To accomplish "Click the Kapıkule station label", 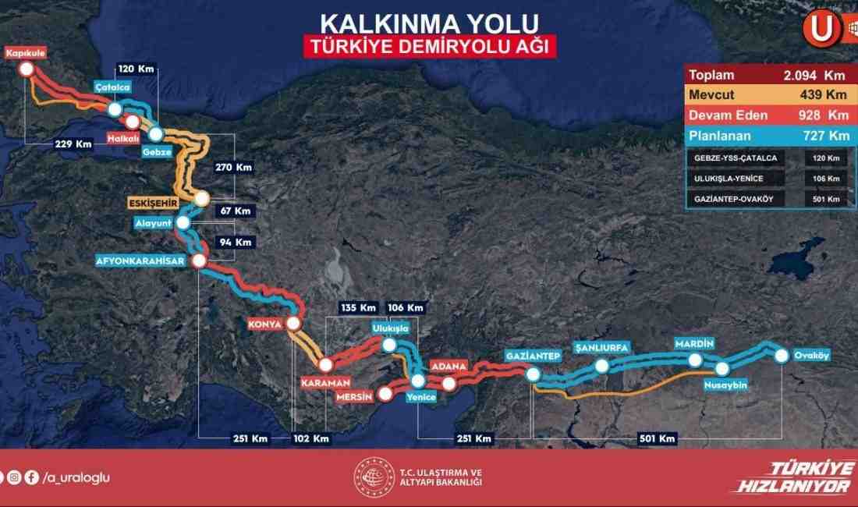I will coord(26,53).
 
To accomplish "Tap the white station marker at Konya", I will coord(294,323).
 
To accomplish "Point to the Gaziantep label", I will coord(534,356).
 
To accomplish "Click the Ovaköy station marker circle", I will coord(782,356).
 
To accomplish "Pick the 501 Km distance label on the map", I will coord(656,438).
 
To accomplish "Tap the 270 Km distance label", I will coord(234,167).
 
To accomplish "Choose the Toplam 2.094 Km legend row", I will coord(767,76).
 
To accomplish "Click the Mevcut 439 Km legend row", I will coord(767,95).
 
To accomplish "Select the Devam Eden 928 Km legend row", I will coord(767,115).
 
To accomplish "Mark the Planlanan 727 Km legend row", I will coord(767,136).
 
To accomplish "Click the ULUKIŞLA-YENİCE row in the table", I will coord(767,179).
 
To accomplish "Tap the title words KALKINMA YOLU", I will coord(429,22).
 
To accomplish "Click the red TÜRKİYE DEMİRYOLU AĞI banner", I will coord(429,46).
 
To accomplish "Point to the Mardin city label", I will coord(694,343).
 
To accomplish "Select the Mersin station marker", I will coord(385,394).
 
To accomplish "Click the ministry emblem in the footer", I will coord(374,477).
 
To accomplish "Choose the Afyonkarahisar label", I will coord(140,261).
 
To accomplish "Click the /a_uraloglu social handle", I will coord(75,477).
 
